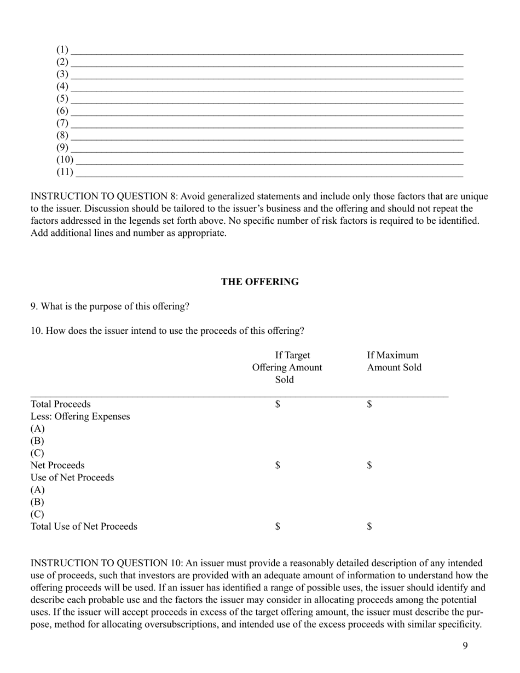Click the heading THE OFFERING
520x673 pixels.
click(x=260, y=282)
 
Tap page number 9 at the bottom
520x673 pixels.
click(x=465, y=646)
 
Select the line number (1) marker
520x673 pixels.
click(x=62, y=50)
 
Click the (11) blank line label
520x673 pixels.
click(x=65, y=172)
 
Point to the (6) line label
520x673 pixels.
click(x=62, y=111)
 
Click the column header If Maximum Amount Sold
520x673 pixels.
click(x=394, y=361)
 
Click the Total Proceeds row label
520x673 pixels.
click(x=61, y=404)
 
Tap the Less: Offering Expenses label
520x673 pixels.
click(x=80, y=416)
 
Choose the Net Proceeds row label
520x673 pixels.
click(x=57, y=466)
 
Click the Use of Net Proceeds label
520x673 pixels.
click(x=72, y=478)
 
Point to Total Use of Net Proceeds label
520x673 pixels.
click(x=84, y=527)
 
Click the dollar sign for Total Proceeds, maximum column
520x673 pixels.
click(x=369, y=404)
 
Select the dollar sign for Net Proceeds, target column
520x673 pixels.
click(x=278, y=466)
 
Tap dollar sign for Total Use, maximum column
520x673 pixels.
click(x=369, y=527)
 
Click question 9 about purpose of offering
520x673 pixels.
click(x=110, y=306)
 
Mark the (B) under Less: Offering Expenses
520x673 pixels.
click(x=37, y=441)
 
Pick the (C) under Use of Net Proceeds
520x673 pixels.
click(x=37, y=514)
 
